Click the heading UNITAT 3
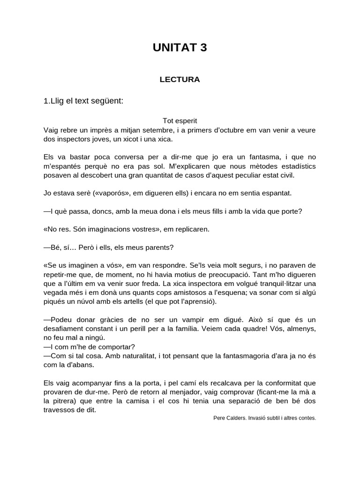pos(180,47)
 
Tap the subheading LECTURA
pos(180,80)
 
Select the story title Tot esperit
pos(180,120)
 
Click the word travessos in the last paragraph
pos(59,410)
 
